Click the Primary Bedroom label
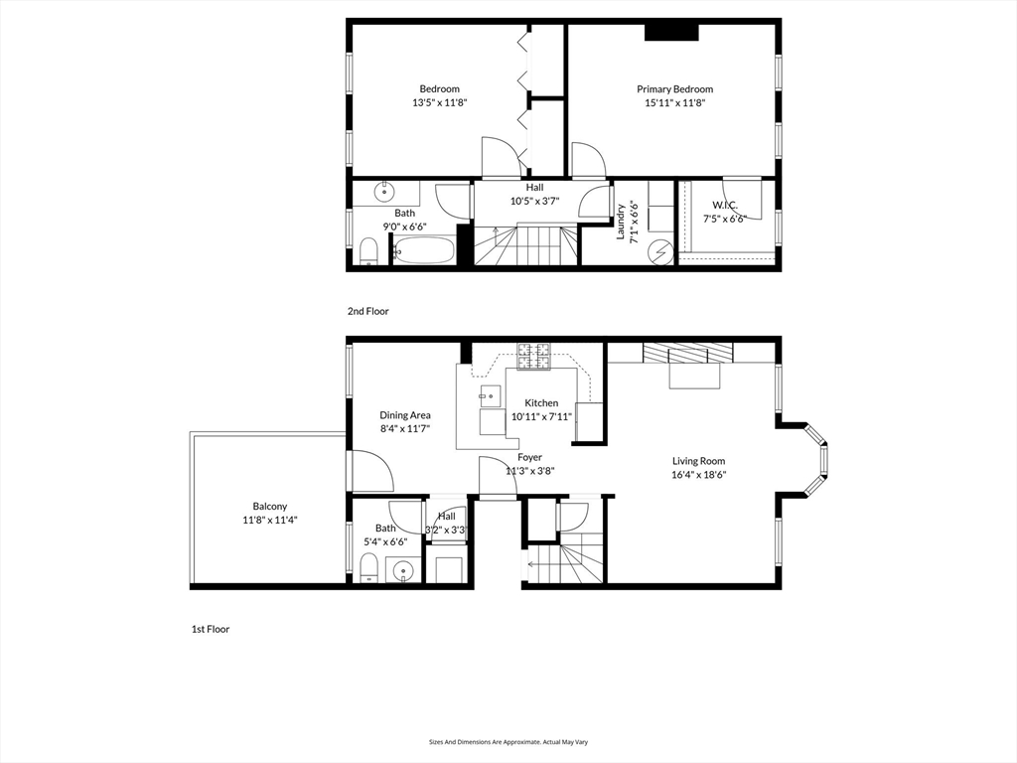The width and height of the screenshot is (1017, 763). point(674,88)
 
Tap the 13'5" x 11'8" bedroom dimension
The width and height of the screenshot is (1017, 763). point(440,102)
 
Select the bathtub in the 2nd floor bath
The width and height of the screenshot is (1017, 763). point(424,249)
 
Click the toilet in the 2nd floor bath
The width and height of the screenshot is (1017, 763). point(369,251)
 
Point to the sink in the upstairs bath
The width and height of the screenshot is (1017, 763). point(384,192)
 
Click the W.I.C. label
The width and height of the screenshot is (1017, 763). point(724,205)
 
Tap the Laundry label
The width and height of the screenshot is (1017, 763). point(620,222)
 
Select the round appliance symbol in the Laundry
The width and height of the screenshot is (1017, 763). point(661,251)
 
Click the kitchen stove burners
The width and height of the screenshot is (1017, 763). point(533,357)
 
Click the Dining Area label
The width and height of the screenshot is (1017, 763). point(405,415)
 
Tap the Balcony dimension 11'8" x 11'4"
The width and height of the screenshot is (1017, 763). point(270,520)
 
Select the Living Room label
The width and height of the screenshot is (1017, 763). point(698,461)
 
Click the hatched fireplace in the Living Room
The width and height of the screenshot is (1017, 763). point(687,353)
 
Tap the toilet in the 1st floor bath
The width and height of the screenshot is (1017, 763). point(368,568)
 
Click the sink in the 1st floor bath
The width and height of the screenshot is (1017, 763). point(403,570)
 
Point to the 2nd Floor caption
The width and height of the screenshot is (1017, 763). point(367,311)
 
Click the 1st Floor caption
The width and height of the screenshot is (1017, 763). point(211,629)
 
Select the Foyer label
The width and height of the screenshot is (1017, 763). point(530,457)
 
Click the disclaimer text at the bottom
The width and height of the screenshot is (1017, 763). point(508,741)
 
